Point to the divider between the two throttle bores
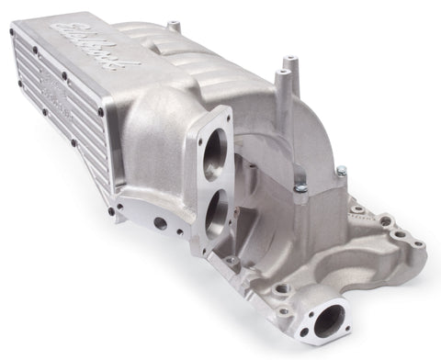click(x=220, y=183)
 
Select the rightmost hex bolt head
click(x=341, y=171)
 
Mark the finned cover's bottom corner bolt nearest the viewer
click(x=110, y=212)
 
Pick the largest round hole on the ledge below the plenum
click(x=161, y=223)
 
